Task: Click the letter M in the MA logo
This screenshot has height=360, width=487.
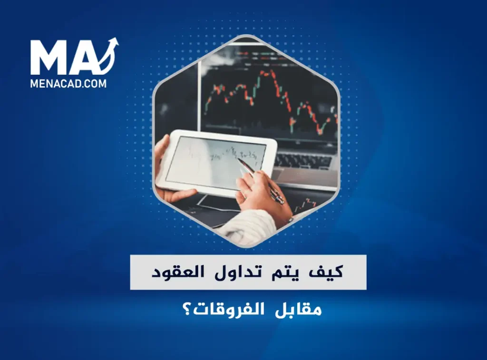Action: tap(49, 58)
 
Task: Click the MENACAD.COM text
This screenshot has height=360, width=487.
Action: tap(68, 84)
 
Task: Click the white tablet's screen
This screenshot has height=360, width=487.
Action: tap(215, 163)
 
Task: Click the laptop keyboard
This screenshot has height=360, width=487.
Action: tap(303, 161)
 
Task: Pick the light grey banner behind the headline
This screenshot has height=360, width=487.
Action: tap(248, 272)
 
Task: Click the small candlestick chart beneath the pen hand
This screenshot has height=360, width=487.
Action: tap(306, 205)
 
